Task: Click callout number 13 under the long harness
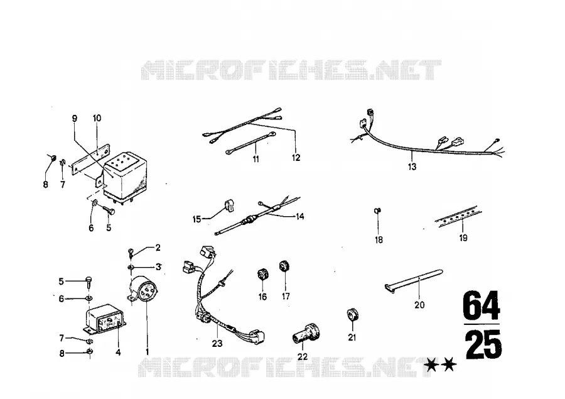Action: pyautogui.click(x=412, y=167)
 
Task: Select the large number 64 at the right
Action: pyautogui.click(x=482, y=306)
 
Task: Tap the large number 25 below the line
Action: pyautogui.click(x=483, y=344)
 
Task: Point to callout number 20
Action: pyautogui.click(x=419, y=305)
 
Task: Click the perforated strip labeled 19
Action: pyautogui.click(x=459, y=216)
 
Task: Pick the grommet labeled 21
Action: pyautogui.click(x=352, y=315)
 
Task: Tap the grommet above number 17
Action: pyautogui.click(x=284, y=266)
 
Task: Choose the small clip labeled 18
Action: pyautogui.click(x=378, y=210)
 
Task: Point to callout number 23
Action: pyautogui.click(x=217, y=344)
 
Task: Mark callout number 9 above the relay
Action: pyautogui.click(x=75, y=118)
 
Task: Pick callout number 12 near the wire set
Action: pyautogui.click(x=296, y=158)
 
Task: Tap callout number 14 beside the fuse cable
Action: pyautogui.click(x=300, y=216)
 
